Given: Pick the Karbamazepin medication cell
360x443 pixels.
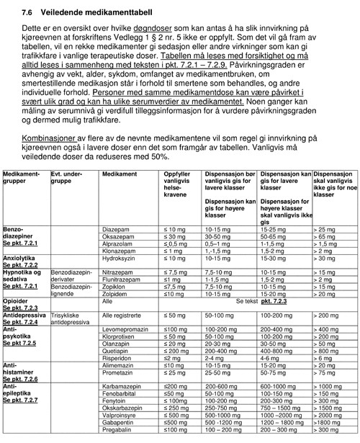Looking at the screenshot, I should pos(123,385).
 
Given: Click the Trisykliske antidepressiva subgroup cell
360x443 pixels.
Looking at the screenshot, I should pos(71,319).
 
